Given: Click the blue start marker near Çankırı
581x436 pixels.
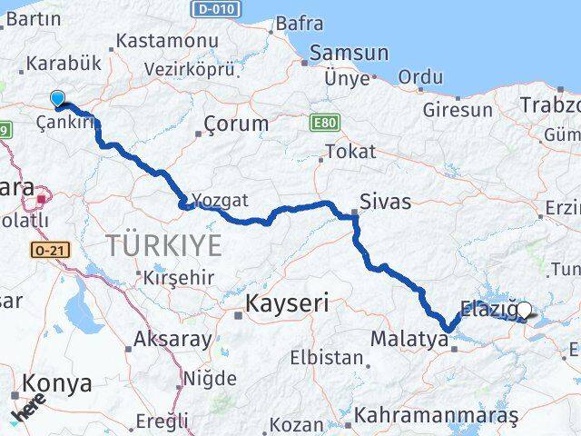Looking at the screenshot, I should [x=58, y=98].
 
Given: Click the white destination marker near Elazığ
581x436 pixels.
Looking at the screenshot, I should [x=524, y=310].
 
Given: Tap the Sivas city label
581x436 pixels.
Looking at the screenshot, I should [x=385, y=202].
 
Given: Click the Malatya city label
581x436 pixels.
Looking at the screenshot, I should [x=409, y=341].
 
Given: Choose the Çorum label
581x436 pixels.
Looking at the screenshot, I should [x=236, y=124].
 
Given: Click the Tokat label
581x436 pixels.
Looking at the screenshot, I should [x=350, y=151].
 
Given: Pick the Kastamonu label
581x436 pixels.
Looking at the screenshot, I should [x=168, y=42].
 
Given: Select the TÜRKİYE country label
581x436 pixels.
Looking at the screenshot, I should [x=163, y=244].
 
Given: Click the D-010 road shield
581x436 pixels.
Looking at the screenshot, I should [x=216, y=9].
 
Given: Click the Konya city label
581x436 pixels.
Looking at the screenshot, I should [x=58, y=383].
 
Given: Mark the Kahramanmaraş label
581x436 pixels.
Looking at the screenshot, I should [x=436, y=415].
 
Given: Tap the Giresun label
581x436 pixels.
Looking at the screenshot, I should [x=458, y=110].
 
